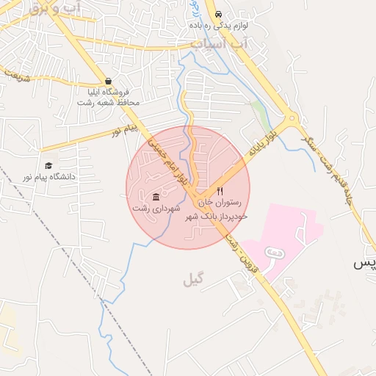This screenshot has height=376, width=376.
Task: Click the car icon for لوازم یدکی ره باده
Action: click(x=218, y=15)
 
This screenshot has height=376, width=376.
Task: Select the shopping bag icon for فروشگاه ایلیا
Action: click(x=109, y=82)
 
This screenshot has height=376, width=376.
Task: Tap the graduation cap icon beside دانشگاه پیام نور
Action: click(x=48, y=166)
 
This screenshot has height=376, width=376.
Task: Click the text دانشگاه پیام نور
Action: click(x=50, y=177)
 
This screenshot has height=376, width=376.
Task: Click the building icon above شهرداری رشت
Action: click(x=156, y=197)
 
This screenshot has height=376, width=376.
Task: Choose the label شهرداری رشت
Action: click(x=156, y=209)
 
